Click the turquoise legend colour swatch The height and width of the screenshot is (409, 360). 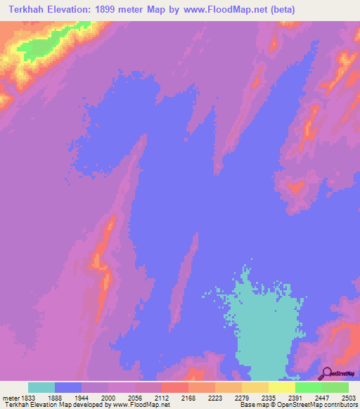41,387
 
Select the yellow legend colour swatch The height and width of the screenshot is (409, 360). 282,387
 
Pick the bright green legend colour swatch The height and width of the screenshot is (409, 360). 309,387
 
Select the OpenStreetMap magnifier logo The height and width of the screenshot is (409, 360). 327,373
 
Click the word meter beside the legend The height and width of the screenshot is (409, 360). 11,397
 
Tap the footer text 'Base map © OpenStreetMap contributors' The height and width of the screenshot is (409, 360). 297,405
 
